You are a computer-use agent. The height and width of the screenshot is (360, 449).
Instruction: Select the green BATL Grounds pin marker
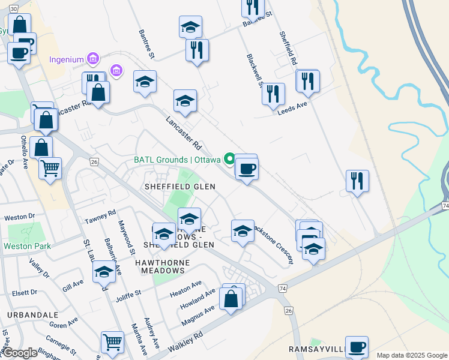click(x=229, y=159)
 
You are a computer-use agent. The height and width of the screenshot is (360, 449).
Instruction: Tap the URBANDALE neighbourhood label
click(x=33, y=314)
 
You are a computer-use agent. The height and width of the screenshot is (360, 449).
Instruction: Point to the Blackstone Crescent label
click(x=273, y=243)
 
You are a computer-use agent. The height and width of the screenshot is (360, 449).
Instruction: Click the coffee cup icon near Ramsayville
click(x=357, y=347)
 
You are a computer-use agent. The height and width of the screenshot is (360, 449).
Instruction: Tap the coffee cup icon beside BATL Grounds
click(x=246, y=169)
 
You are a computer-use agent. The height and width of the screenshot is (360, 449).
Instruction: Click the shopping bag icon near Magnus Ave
click(x=231, y=298)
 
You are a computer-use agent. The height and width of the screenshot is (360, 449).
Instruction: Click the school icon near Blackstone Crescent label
click(x=243, y=231)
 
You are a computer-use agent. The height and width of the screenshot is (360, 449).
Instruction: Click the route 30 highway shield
click(x=14, y=9)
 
